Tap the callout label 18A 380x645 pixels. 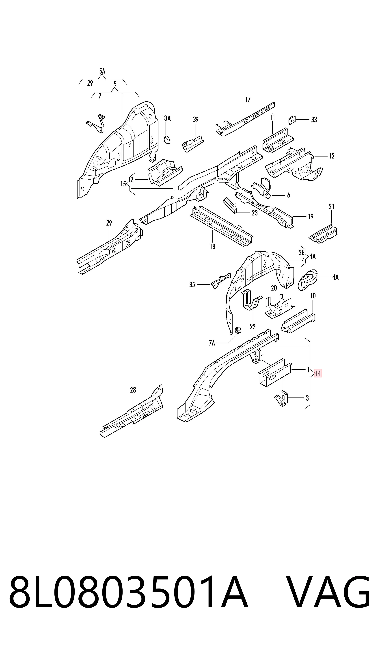pyautogui.click(x=166, y=118)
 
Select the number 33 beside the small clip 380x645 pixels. pyautogui.click(x=314, y=120)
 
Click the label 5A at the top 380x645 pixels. pyautogui.click(x=102, y=71)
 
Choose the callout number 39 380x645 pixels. pyautogui.click(x=196, y=119)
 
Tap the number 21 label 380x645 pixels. pyautogui.click(x=332, y=206)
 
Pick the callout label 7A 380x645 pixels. pyautogui.click(x=212, y=343)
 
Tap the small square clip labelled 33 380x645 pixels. pyautogui.click(x=292, y=120)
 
